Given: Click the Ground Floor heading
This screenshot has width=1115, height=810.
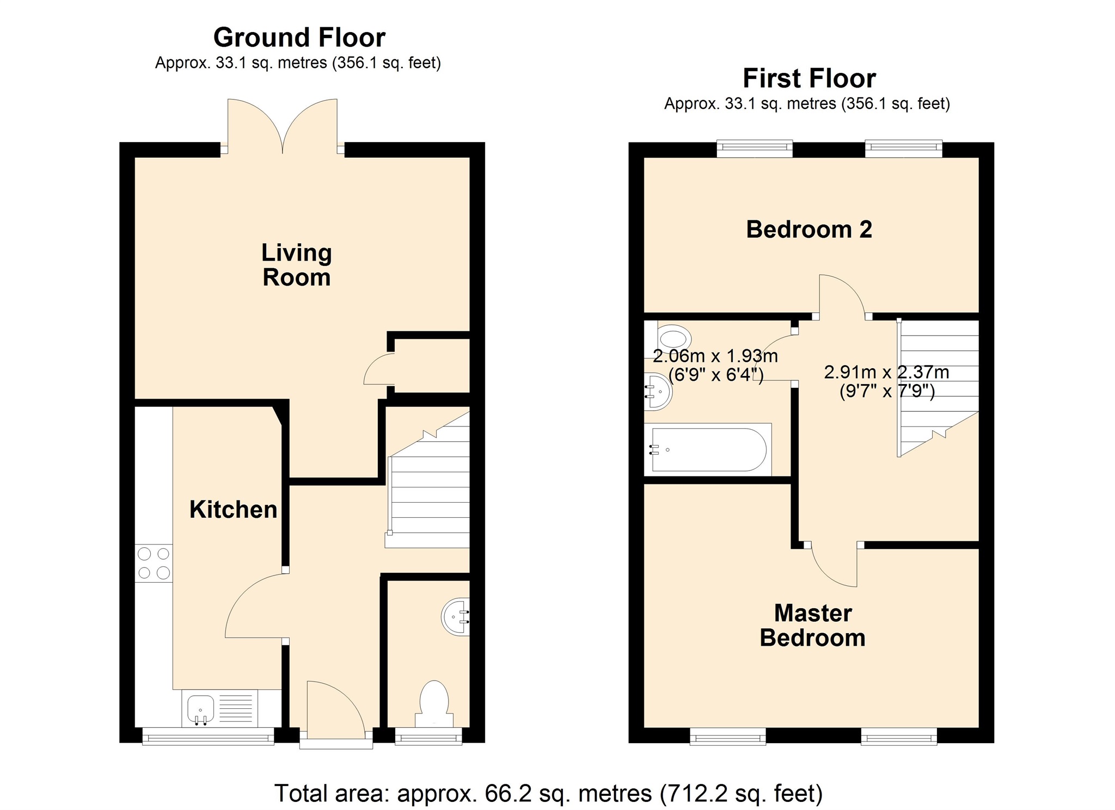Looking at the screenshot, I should (299, 38).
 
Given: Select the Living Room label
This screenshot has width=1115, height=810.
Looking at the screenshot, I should (296, 265).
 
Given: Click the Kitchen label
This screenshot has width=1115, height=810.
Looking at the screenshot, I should (233, 510).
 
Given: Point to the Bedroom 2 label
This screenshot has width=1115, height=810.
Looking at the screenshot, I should (808, 230).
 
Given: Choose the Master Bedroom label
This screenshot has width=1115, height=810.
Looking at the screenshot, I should (812, 626).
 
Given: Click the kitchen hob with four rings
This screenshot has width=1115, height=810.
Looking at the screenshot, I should (154, 563).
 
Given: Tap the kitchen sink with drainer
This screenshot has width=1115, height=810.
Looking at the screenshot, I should (220, 708).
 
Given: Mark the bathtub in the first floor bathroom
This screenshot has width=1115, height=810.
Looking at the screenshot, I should (708, 449).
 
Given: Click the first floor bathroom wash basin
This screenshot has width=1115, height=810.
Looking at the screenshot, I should (658, 391).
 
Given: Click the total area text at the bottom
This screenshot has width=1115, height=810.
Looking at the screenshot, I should (548, 794).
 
